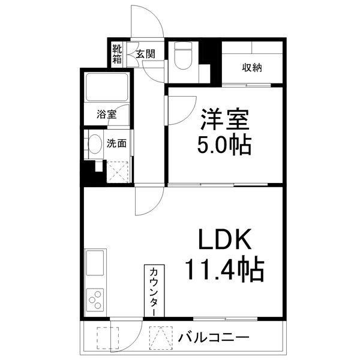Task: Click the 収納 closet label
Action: click(x=252, y=67)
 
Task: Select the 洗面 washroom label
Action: click(x=116, y=143)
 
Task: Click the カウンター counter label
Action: click(x=152, y=292)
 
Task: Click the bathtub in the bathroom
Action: click(x=107, y=88)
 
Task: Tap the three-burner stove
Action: click(x=96, y=299)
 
